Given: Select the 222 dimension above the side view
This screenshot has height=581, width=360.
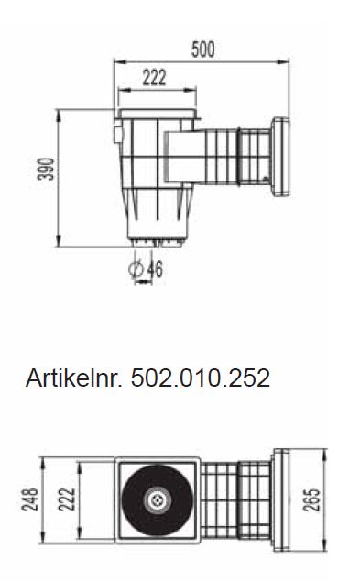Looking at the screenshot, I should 155,78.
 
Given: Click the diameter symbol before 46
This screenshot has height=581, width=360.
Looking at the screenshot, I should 136,270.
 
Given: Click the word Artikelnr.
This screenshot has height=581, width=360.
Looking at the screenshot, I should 76,378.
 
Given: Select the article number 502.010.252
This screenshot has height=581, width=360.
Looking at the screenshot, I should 202,378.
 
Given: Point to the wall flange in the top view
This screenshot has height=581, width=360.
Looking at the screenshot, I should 280,500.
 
